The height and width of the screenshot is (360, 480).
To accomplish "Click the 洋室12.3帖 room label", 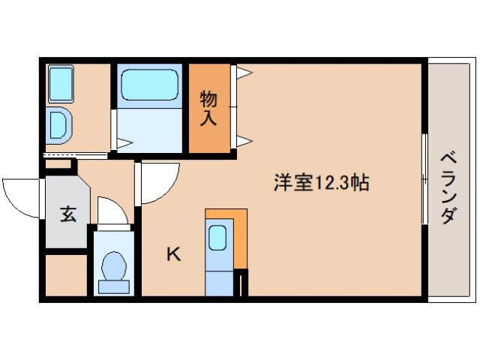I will click(x=320, y=181).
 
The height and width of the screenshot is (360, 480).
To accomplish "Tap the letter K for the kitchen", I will click(x=173, y=254).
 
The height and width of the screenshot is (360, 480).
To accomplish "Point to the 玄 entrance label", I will click(x=67, y=214).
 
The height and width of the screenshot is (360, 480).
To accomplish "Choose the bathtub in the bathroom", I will click(x=150, y=84).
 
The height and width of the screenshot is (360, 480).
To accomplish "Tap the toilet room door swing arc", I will click(x=112, y=209).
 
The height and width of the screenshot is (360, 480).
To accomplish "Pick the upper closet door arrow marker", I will click(x=244, y=73).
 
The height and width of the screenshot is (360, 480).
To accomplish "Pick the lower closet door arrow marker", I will click(x=244, y=139).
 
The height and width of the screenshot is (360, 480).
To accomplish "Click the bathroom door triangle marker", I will click(x=124, y=141).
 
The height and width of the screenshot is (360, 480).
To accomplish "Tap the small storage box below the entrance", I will click(x=66, y=275).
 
